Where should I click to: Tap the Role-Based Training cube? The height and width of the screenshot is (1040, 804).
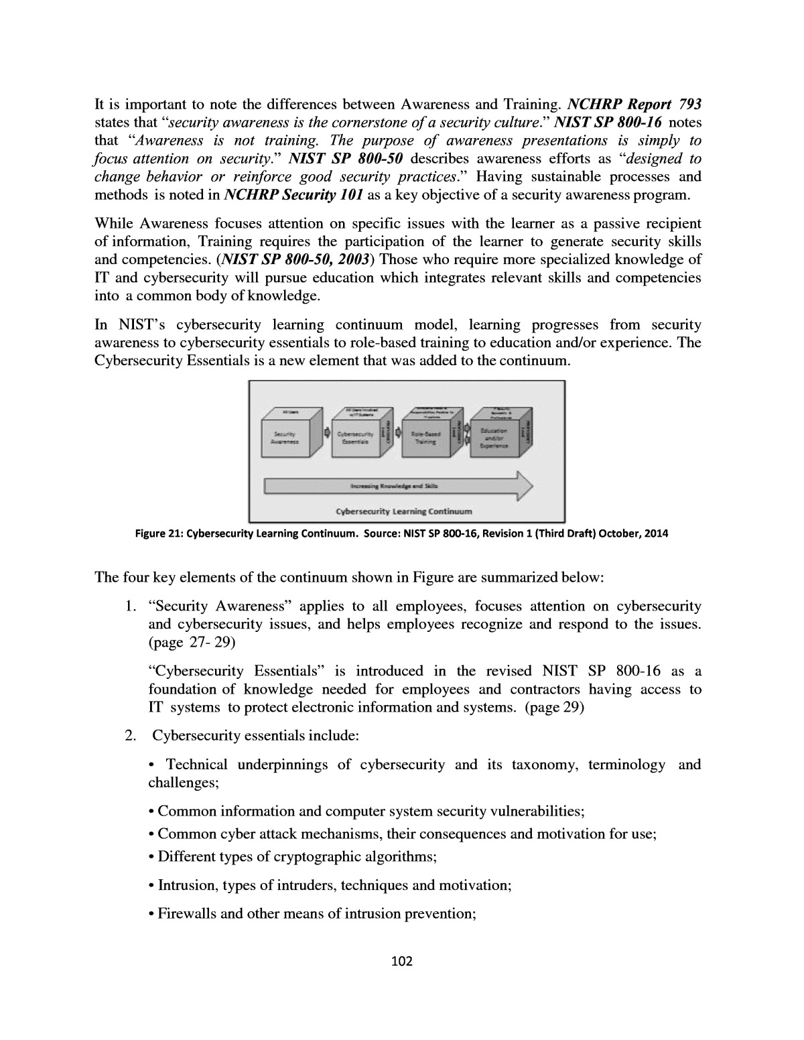pyautogui.click(x=427, y=437)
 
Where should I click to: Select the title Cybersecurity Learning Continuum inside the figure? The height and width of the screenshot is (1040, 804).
pyautogui.click(x=404, y=511)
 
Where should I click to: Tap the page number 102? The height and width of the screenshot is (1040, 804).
pyautogui.click(x=401, y=962)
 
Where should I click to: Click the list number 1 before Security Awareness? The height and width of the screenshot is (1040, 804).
pyautogui.click(x=129, y=606)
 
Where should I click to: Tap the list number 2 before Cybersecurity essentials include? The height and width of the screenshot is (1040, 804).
pyautogui.click(x=129, y=736)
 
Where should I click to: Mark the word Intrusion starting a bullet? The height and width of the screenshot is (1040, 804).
pyautogui.click(x=187, y=885)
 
